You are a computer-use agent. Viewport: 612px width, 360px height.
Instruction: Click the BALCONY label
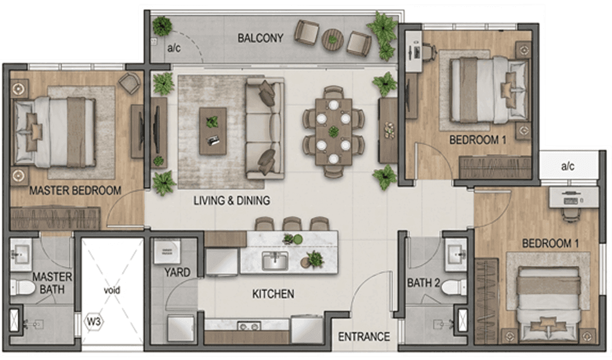(260, 38)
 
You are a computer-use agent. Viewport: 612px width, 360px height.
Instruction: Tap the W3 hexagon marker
(94, 322)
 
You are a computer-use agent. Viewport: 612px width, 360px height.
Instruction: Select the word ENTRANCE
(364, 337)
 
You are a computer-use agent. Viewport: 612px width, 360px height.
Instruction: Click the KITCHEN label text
(273, 293)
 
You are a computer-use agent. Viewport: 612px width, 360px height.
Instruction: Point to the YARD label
(177, 272)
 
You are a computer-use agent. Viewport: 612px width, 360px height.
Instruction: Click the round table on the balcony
(333, 39)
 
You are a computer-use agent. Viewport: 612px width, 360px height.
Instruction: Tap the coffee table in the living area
(213, 131)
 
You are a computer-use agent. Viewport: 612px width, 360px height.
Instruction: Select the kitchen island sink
(275, 261)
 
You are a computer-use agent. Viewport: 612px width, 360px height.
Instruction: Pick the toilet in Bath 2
(454, 288)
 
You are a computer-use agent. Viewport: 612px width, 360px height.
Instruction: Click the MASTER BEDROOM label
(76, 191)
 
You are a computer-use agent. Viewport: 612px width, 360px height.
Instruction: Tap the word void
(112, 290)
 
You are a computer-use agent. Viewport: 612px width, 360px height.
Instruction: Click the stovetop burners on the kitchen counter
(250, 325)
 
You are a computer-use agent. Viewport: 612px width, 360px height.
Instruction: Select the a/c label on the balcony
(173, 48)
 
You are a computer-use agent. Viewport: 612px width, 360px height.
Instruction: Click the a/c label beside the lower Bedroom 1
(567, 166)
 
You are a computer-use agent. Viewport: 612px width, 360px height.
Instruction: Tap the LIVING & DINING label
(232, 200)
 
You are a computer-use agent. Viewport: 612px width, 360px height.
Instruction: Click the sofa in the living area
(264, 128)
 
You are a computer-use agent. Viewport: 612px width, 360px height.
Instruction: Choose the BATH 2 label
(424, 283)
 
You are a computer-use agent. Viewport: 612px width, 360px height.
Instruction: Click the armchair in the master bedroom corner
(129, 83)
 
